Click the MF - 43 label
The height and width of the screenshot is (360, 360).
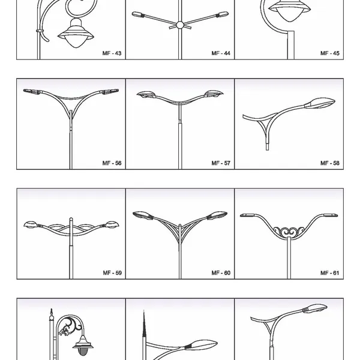click(112, 53)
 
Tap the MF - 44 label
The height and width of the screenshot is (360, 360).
click(221, 53)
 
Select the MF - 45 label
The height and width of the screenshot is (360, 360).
click(330, 53)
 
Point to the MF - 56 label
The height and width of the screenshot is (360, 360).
click(112, 163)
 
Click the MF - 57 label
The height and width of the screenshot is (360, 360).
click(221, 163)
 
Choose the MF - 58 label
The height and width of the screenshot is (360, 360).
click(330, 163)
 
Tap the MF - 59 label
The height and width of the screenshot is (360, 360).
click(112, 273)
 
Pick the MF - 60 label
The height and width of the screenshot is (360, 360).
click(221, 273)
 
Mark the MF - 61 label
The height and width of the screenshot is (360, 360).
click(329, 273)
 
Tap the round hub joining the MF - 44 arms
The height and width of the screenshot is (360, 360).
click(180, 25)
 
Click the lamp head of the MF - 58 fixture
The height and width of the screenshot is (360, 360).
click(320, 103)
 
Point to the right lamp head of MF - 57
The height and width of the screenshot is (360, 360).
click(214, 94)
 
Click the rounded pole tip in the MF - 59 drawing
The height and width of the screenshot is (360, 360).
click(71, 219)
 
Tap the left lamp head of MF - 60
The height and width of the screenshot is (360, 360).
click(142, 215)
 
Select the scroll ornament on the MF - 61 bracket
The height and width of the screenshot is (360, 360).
click(289, 231)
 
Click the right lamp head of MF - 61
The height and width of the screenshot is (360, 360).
click(331, 215)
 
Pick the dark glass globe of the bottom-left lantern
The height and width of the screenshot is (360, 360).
click(82, 352)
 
